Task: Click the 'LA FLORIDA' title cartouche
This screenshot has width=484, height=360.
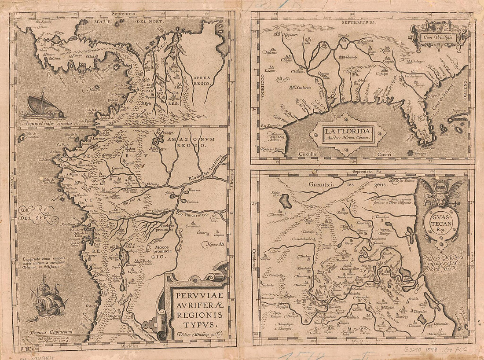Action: pos(348,133)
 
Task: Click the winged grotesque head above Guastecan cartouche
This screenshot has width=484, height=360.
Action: pos(441,190)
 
